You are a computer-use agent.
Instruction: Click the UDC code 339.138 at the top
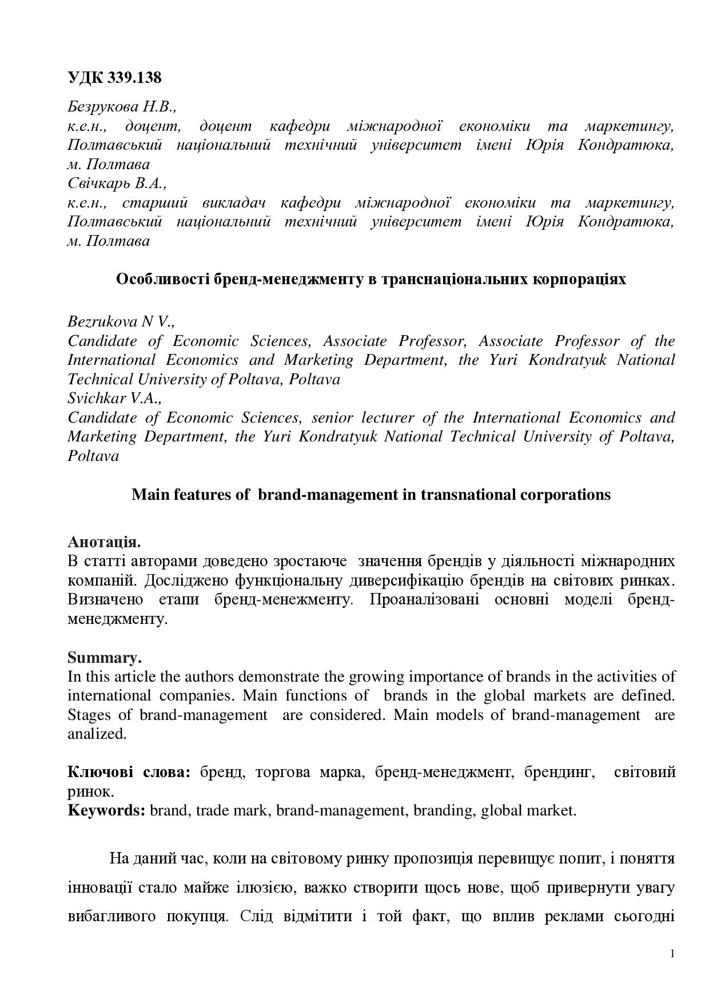click(x=114, y=78)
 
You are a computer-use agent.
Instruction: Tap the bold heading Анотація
click(x=104, y=542)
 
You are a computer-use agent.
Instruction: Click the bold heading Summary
click(x=104, y=657)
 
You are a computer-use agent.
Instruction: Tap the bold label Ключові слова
click(x=129, y=772)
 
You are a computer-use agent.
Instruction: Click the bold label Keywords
click(x=107, y=810)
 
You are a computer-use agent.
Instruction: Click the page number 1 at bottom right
click(x=672, y=953)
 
